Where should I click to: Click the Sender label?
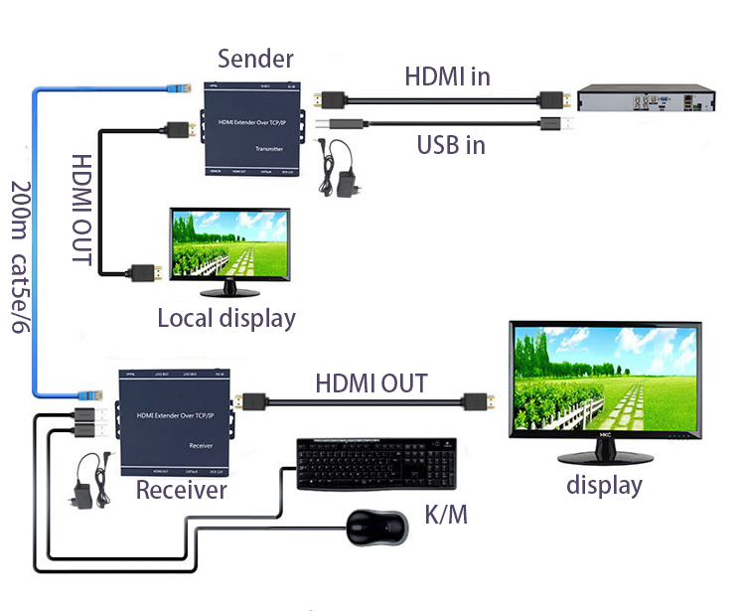[256, 58]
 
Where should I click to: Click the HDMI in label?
[447, 76]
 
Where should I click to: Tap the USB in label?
[451, 145]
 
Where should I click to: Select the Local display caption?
[226, 319]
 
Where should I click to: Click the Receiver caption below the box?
[182, 490]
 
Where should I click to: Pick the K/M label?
[445, 515]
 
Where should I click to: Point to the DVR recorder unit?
[647, 99]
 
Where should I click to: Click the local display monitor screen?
[228, 246]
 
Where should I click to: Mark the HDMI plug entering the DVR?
[552, 99]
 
